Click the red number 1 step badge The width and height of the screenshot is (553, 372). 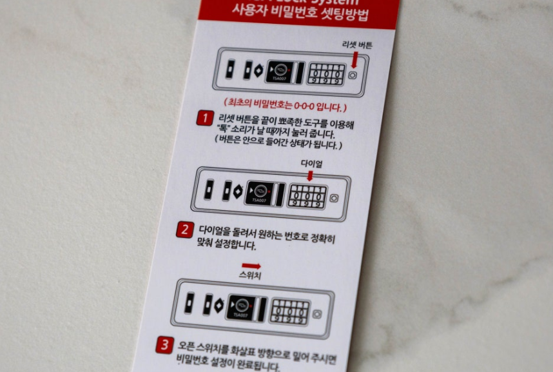pyautogui.click(x=205, y=118)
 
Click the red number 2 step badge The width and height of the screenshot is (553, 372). pyautogui.click(x=185, y=230)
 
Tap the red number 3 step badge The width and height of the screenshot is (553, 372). pyautogui.click(x=164, y=346)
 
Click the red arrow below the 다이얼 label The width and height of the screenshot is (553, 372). pyautogui.click(x=310, y=176)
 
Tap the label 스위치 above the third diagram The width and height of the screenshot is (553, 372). pyautogui.click(x=250, y=275)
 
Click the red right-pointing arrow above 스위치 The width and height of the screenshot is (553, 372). pyautogui.click(x=251, y=266)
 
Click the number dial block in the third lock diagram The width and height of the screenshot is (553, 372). pyautogui.click(x=289, y=311)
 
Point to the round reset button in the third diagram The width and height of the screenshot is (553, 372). pyautogui.click(x=316, y=314)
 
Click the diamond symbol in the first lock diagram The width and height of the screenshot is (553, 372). pyautogui.click(x=258, y=70)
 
